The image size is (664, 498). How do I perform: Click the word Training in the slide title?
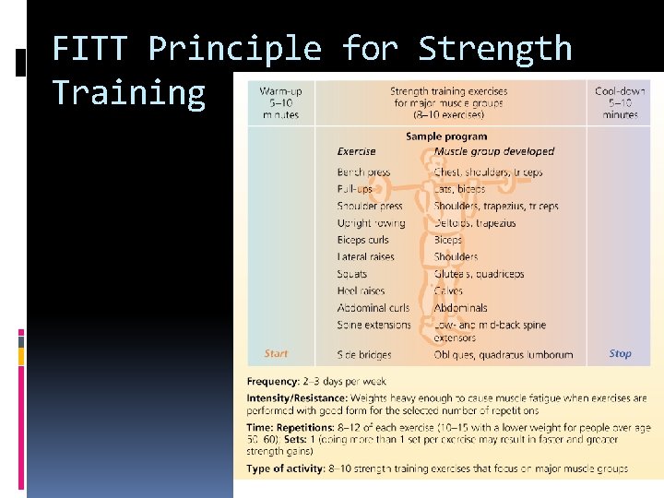point(128,93)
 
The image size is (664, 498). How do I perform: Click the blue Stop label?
point(620,353)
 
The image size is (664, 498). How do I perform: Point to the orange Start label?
point(276,353)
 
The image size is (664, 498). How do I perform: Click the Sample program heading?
point(446,136)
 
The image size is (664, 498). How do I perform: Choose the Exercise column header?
point(356,151)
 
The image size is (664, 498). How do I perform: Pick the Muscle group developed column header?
point(494,151)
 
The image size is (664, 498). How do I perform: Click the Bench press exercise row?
point(363,172)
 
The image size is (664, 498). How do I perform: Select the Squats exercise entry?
point(352,274)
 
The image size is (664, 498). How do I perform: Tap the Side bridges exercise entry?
point(364,354)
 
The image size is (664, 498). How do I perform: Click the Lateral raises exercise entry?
point(365,257)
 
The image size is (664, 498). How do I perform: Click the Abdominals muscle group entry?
point(460,308)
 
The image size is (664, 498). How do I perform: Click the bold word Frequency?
point(272,381)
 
